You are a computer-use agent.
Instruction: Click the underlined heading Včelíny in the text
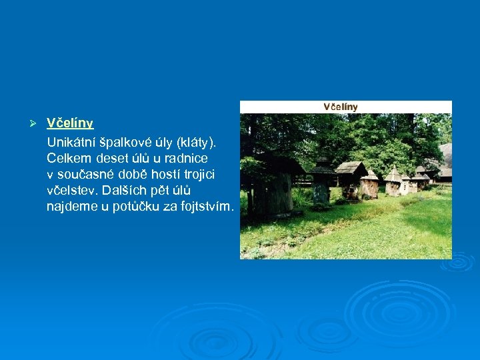click(70, 123)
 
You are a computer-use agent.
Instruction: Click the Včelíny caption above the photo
click(341, 107)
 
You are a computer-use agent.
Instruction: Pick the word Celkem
click(69, 158)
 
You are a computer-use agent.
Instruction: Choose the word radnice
click(185, 158)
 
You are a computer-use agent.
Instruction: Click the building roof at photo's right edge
click(445, 157)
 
